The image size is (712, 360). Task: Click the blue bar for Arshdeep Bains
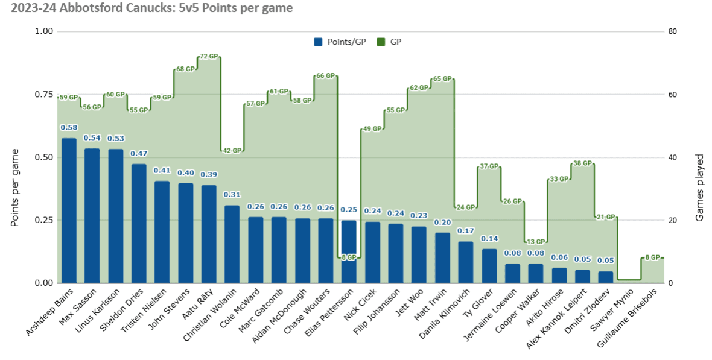coord(69,211)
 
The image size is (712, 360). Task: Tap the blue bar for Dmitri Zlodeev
coord(606,277)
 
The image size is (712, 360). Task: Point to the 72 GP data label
coord(208,57)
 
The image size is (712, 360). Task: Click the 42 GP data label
coord(232,151)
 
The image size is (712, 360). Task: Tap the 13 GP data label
coord(535,242)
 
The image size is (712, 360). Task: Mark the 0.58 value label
coord(69,128)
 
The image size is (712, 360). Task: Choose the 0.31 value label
coord(232,195)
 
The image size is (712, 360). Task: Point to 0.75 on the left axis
coord(43,95)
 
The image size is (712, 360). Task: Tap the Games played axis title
coord(700,188)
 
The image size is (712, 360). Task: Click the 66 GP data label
coord(325,76)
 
